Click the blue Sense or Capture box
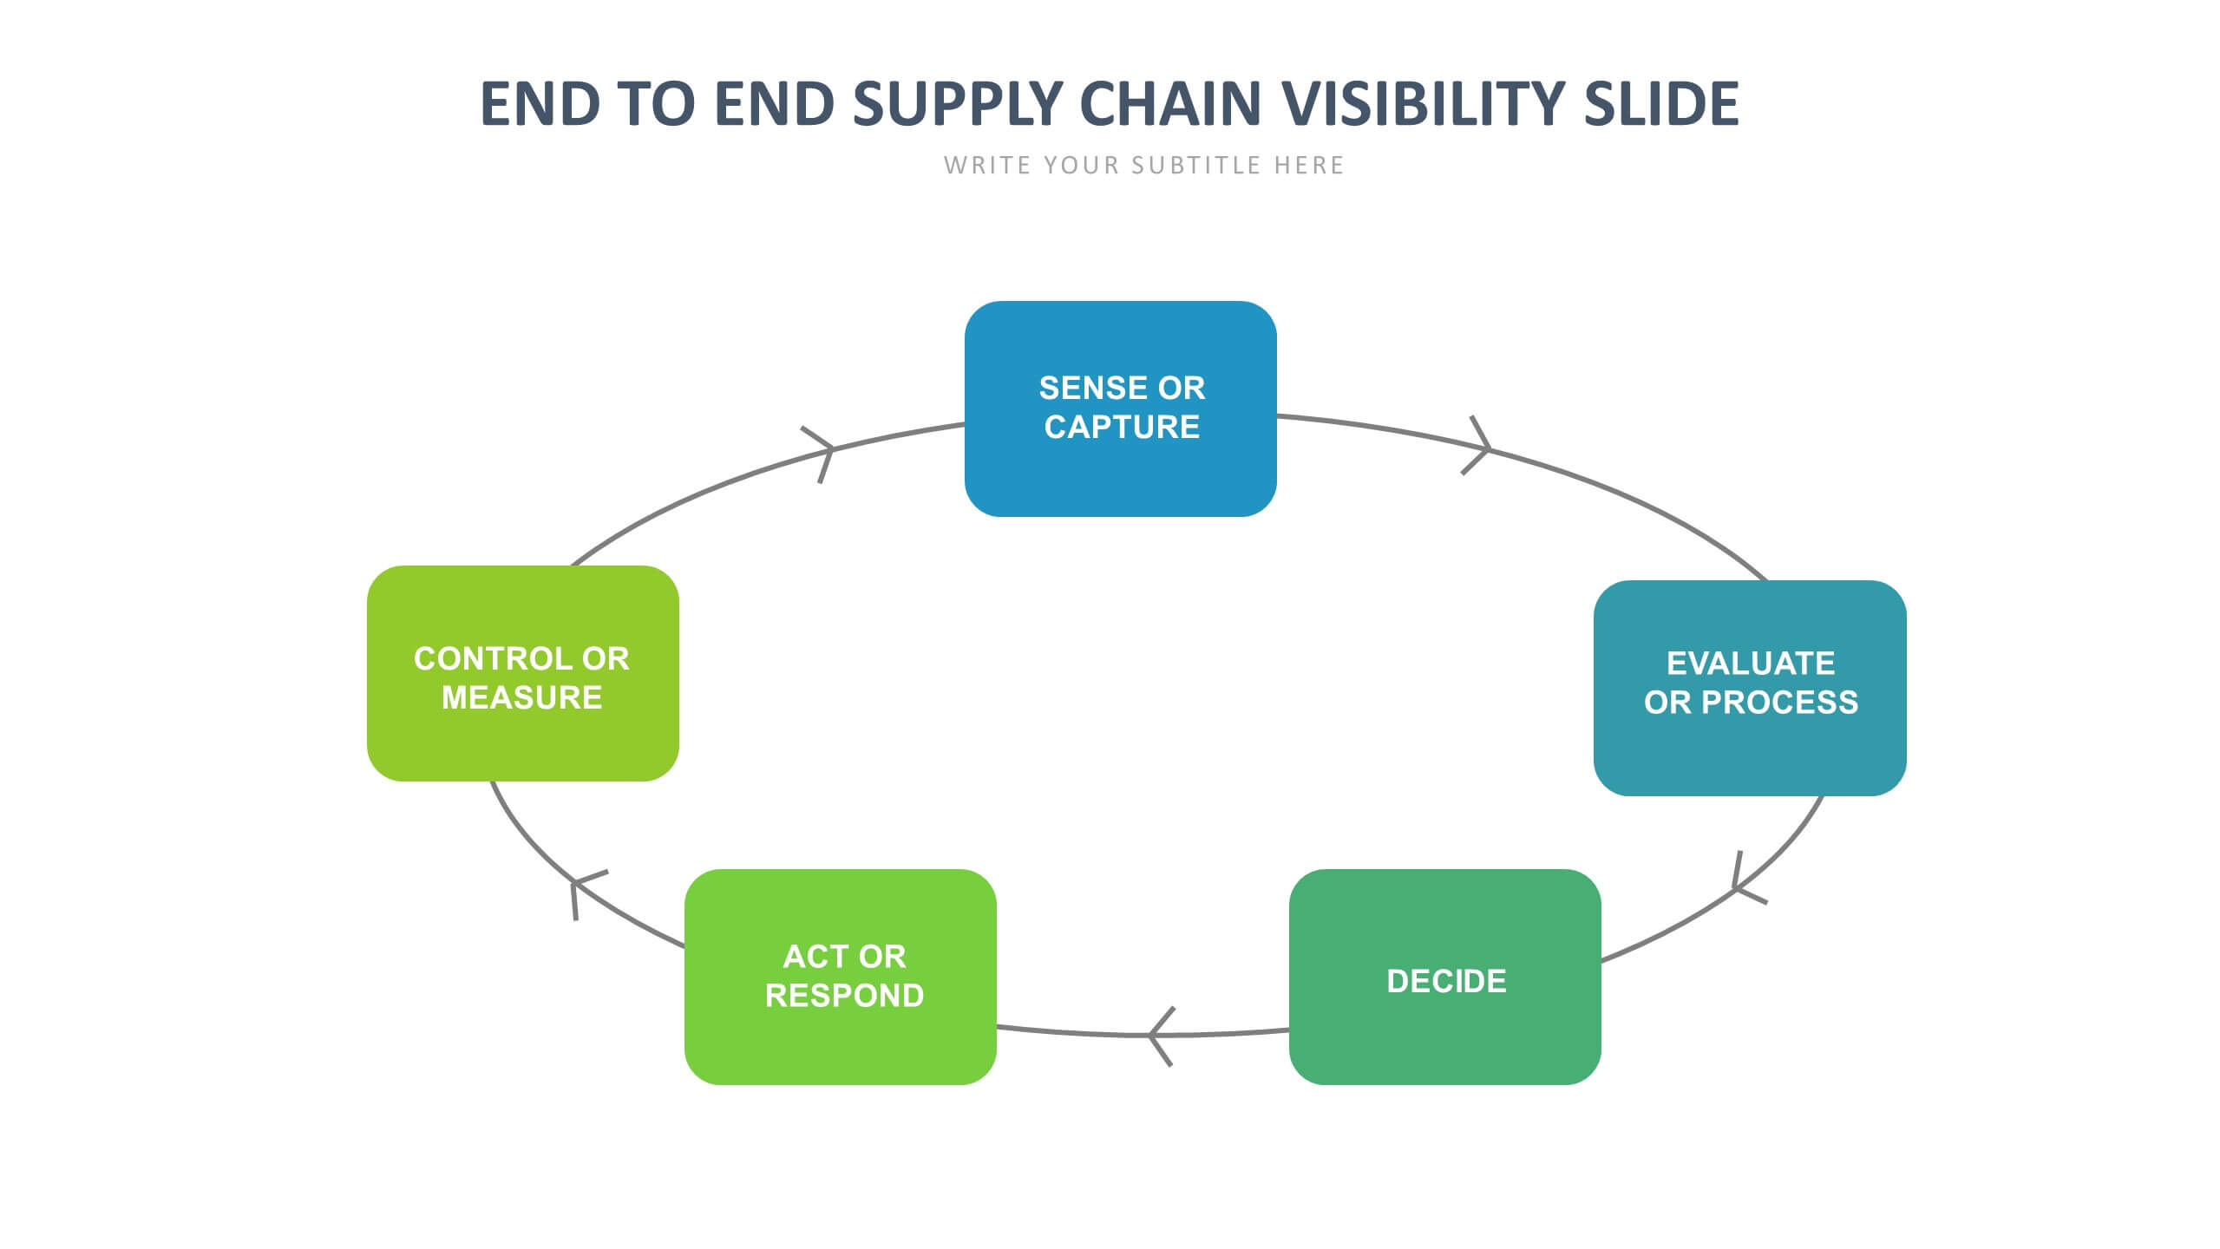pos(1120,409)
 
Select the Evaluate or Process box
pos(1750,688)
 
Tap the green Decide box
pos(1445,977)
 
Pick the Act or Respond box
pos(841,977)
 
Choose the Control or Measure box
pos(523,673)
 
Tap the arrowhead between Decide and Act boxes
pos(1161,1036)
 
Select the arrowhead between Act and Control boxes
pos(586,892)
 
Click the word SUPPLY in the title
pos(958,103)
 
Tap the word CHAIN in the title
pos(1170,103)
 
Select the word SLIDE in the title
pos(1661,103)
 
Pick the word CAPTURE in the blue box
pos(1122,427)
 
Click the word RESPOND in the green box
pos(844,996)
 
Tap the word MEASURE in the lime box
pos(521,697)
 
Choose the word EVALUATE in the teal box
pos(1751,663)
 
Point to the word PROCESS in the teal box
pos(1779,702)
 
